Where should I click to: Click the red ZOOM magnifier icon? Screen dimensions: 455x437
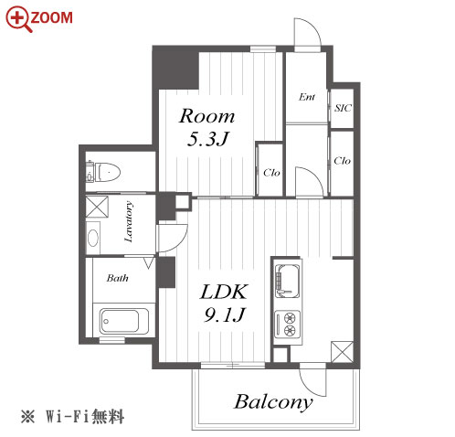[x=18, y=19]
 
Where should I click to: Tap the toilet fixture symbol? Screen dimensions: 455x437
[x=103, y=172]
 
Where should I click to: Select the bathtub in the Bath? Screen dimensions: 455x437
[x=124, y=321]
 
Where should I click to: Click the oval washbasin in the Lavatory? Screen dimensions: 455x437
[x=93, y=238]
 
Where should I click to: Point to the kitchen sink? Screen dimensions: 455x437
[x=287, y=281]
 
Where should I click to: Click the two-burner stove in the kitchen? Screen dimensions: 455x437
[x=287, y=324]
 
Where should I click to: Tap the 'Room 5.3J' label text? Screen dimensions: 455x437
[x=206, y=127]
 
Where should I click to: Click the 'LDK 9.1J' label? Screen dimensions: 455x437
[x=224, y=303]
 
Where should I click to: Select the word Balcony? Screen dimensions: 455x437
[x=273, y=402]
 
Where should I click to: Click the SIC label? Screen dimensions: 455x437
[x=343, y=108]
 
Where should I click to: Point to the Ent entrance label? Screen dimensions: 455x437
[x=307, y=97]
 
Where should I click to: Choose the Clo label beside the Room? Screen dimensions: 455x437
[x=271, y=173]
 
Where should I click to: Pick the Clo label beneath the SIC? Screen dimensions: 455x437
[x=342, y=161]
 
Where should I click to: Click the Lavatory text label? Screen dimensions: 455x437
[x=129, y=221]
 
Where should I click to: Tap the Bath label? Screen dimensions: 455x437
[x=117, y=278]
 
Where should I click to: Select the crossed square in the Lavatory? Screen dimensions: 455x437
[x=97, y=207]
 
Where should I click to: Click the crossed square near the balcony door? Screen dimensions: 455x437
[x=342, y=352]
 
